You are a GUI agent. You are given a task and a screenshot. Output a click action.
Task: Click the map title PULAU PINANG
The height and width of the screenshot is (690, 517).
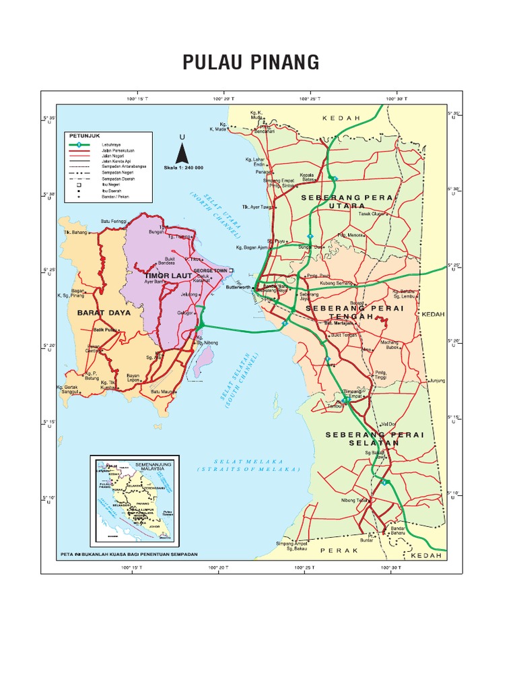click(x=250, y=63)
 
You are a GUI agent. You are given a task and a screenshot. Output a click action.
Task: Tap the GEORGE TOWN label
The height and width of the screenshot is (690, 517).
click(x=211, y=270)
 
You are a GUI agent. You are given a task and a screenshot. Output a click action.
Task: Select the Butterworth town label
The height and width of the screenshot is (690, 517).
click(x=237, y=286)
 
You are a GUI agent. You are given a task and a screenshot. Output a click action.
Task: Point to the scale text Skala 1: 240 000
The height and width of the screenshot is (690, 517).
click(x=183, y=167)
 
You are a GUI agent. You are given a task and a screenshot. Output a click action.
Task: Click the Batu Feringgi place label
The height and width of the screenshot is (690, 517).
click(x=114, y=221)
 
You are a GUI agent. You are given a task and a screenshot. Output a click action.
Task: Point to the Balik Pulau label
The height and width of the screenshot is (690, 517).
click(x=105, y=330)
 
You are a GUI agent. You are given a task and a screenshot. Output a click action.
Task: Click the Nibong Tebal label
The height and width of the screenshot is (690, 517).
click(x=355, y=500)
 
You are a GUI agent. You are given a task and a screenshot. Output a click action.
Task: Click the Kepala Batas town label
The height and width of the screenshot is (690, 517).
click(x=308, y=177)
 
